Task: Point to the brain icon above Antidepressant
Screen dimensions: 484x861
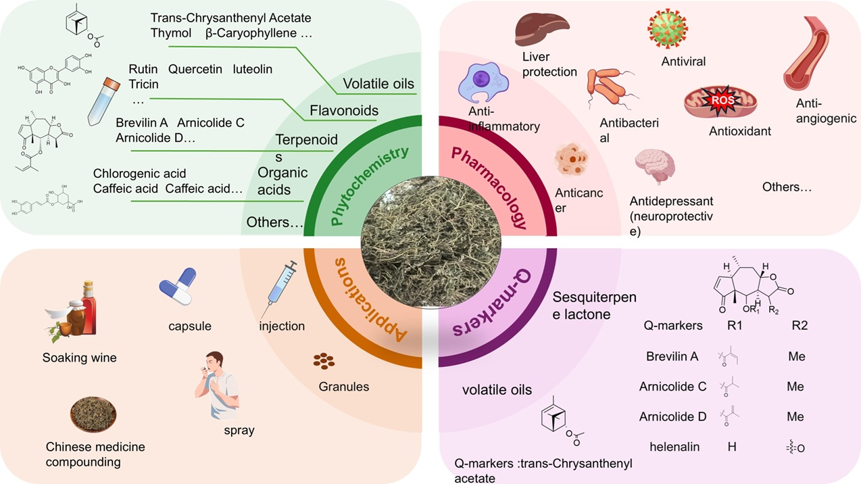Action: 654,169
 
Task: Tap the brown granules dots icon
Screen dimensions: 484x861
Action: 324,362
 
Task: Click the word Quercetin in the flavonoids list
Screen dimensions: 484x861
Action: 195,69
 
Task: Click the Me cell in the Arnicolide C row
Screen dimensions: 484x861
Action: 795,387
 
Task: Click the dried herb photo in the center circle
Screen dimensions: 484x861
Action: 430,243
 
